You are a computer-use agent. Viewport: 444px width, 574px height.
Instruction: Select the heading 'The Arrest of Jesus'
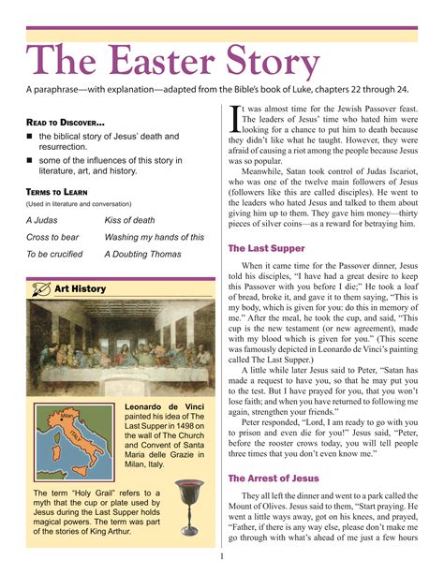[274, 478]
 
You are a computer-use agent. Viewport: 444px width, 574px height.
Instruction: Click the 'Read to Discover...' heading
[65, 123]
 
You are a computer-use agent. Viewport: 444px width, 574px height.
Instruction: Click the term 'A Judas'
[42, 220]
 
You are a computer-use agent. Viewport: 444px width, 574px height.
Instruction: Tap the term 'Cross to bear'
[52, 237]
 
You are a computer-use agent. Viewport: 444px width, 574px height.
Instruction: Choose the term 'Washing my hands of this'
[154, 237]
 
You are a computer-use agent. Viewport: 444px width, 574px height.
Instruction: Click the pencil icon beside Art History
[39, 289]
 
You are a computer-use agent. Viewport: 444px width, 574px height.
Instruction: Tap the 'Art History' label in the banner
[81, 289]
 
